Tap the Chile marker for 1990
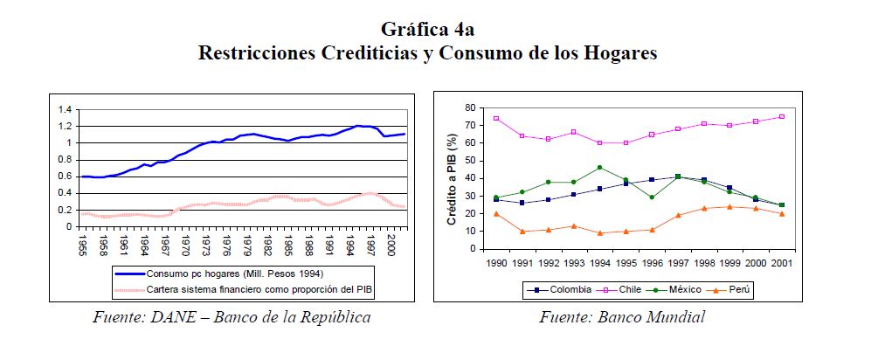point(496,118)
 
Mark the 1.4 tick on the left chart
point(63,110)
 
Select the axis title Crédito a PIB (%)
point(453,178)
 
